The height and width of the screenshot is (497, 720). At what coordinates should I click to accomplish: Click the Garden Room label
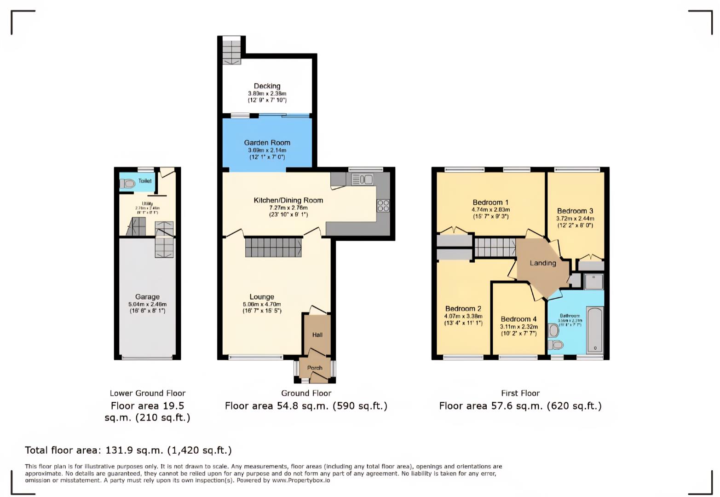click(x=267, y=143)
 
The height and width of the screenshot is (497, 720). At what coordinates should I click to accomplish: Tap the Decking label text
click(x=267, y=86)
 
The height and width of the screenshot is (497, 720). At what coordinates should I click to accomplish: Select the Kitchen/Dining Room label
click(x=288, y=200)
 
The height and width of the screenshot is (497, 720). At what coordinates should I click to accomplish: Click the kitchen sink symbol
click(x=363, y=179)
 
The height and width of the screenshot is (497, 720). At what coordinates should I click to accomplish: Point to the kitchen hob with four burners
click(x=383, y=206)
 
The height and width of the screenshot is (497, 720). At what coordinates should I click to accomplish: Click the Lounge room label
click(x=262, y=297)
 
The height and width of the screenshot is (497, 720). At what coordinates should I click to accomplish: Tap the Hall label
click(x=317, y=335)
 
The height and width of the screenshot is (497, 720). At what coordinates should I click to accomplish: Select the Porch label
click(x=315, y=368)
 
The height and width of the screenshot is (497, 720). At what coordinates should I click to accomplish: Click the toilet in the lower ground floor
click(x=127, y=184)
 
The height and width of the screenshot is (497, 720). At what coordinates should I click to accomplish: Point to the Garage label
click(x=147, y=297)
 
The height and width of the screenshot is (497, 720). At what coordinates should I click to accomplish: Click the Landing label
click(x=543, y=263)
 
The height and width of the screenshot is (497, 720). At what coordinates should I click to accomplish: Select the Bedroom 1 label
click(x=490, y=202)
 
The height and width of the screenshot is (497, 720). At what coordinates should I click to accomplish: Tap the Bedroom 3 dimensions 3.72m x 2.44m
click(x=575, y=219)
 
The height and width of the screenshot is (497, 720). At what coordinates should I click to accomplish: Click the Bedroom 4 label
click(x=518, y=319)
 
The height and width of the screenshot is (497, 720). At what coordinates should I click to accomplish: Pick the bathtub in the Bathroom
click(x=595, y=330)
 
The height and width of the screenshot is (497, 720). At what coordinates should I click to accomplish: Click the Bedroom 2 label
click(x=463, y=309)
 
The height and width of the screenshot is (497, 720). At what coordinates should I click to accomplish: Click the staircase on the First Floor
click(x=495, y=248)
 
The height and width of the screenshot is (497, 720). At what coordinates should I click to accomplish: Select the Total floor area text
click(x=128, y=450)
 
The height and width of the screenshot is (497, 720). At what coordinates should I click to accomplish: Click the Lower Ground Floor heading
click(x=147, y=393)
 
